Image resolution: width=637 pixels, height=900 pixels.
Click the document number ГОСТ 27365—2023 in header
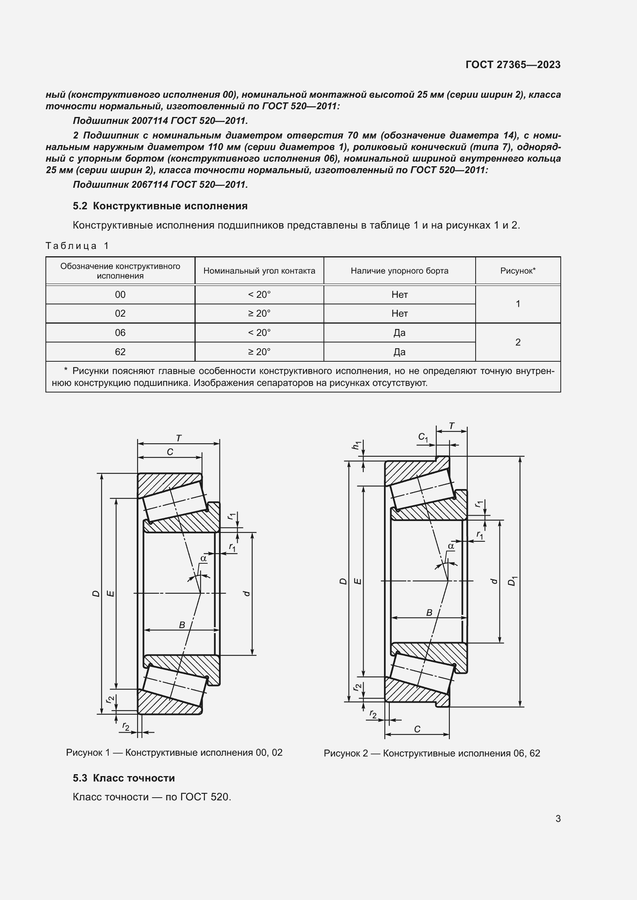pyautogui.click(x=513, y=65)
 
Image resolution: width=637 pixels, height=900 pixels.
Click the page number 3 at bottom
pyautogui.click(x=558, y=818)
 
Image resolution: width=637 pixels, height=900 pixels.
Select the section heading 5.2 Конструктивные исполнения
pyautogui.click(x=160, y=206)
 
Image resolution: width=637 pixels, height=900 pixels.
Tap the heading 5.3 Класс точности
pyautogui.click(x=124, y=778)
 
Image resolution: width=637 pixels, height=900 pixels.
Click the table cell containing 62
pyautogui.click(x=120, y=352)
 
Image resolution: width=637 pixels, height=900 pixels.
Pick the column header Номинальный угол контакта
pyautogui.click(x=259, y=271)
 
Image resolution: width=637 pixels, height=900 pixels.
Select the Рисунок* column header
pyautogui.click(x=518, y=271)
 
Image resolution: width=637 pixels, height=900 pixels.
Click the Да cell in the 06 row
pyautogui.click(x=399, y=332)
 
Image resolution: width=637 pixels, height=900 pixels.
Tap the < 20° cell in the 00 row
pyautogui.click(x=259, y=294)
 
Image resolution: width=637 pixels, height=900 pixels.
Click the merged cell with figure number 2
pyautogui.click(x=518, y=342)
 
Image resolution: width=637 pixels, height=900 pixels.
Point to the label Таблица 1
pyautogui.click(x=77, y=246)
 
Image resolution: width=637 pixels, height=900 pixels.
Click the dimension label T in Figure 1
pyautogui.click(x=178, y=438)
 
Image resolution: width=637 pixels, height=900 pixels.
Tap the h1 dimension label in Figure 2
pyautogui.click(x=356, y=445)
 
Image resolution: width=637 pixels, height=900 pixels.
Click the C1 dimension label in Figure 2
pyautogui.click(x=423, y=437)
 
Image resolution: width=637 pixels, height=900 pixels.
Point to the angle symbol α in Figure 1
pyautogui.click(x=203, y=558)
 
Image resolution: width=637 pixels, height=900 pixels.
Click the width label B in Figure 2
pyautogui.click(x=429, y=613)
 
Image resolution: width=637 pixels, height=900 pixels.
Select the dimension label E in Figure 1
pyautogui.click(x=111, y=594)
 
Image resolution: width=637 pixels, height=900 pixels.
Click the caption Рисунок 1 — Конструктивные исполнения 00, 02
pyautogui.click(x=174, y=752)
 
